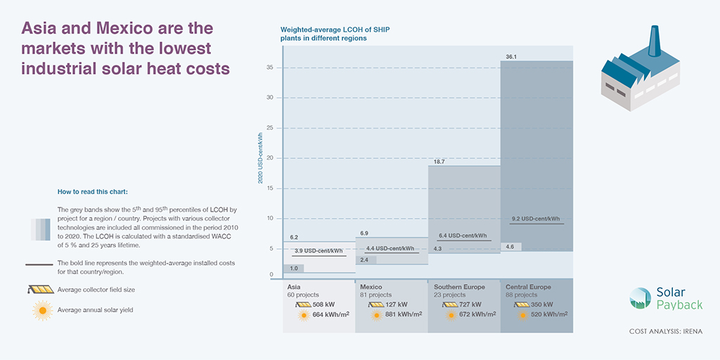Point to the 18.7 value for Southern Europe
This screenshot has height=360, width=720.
coord(439,161)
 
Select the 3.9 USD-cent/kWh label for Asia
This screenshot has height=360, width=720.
coord(318,251)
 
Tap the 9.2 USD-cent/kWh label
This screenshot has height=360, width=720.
coord(536,219)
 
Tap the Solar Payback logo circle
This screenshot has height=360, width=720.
coord(641,298)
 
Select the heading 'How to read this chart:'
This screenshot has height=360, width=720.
coord(92,191)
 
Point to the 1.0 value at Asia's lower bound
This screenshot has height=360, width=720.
coord(294,269)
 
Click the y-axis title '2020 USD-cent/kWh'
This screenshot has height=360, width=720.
coord(260,158)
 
